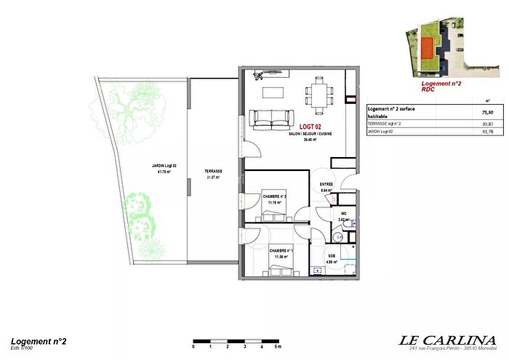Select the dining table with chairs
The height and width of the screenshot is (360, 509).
click(317, 92)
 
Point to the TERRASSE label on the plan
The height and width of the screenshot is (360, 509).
click(214, 172)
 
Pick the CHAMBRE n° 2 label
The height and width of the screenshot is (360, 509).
click(275, 197)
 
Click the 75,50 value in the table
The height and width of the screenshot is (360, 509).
click(487, 113)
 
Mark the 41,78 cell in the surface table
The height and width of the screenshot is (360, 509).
click(487, 132)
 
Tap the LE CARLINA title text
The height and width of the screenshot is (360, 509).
click(449, 340)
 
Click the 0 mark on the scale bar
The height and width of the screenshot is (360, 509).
click(193, 348)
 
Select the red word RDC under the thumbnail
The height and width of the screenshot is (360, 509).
click(429, 90)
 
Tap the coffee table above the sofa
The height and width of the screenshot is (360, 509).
click(273, 92)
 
